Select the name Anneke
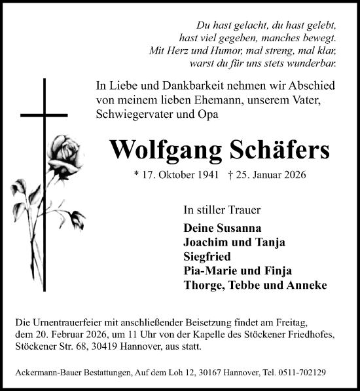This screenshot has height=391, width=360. [x=306, y=286]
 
